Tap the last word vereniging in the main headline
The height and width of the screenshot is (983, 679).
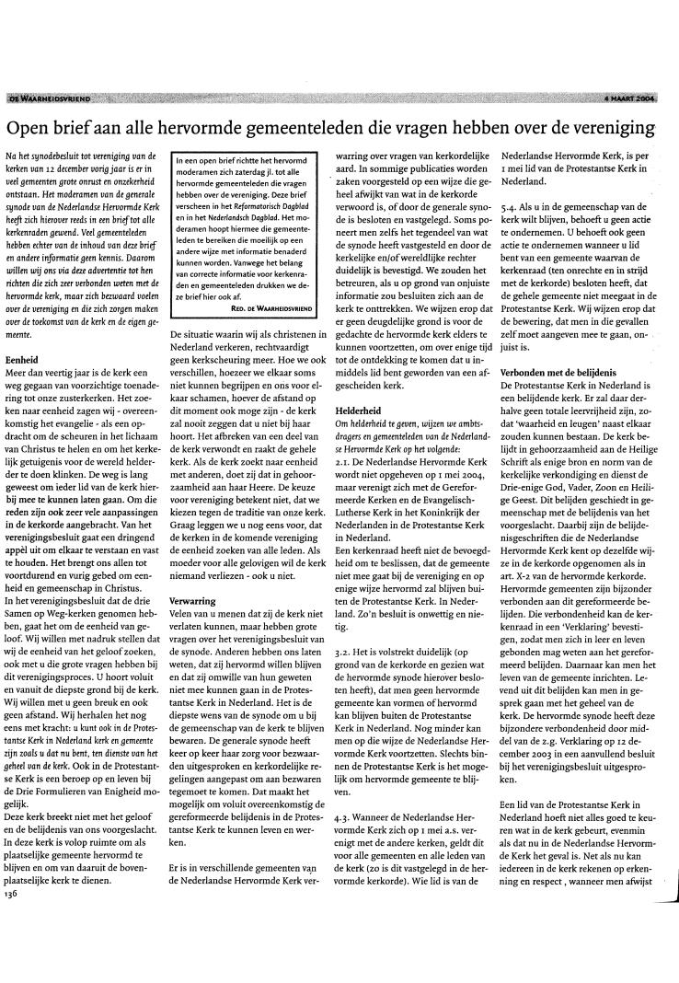click(624, 124)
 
